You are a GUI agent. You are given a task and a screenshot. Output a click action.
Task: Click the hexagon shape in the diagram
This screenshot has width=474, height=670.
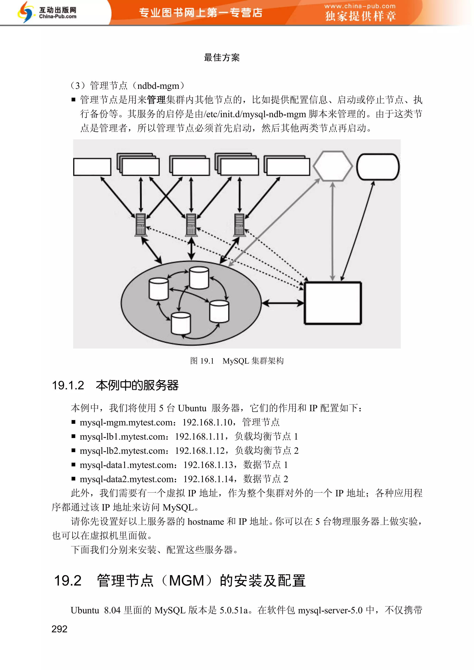coord(332,166)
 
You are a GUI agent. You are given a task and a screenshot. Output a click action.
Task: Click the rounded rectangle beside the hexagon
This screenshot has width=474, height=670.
coord(378,167)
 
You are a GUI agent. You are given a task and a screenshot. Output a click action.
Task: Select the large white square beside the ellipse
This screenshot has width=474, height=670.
coord(333,303)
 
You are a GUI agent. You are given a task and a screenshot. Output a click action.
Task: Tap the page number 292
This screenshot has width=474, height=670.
coord(59,629)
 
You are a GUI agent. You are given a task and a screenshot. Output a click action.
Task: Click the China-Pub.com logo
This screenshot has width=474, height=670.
coord(47,12)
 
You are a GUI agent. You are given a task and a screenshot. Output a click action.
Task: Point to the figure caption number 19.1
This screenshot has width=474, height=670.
coord(207,361)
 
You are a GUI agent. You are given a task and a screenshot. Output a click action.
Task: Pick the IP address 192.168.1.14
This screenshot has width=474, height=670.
coord(208,479)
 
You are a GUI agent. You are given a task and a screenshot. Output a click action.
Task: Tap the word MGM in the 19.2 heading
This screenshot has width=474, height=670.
coord(187,580)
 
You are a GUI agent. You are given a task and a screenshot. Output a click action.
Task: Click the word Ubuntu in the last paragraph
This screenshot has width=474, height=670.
coord(85,610)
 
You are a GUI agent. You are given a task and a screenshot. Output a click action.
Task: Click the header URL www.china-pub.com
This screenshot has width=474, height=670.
coord(360,6)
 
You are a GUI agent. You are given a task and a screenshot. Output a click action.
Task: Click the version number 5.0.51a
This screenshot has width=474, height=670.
coord(234,610)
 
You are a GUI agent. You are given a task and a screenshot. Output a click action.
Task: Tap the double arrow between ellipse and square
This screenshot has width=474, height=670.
coord(283,303)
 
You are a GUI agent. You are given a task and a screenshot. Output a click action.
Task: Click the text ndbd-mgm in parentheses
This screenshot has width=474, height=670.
coord(158,86)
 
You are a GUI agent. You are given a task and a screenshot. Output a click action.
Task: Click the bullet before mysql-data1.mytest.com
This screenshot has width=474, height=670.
coord(73,464)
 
